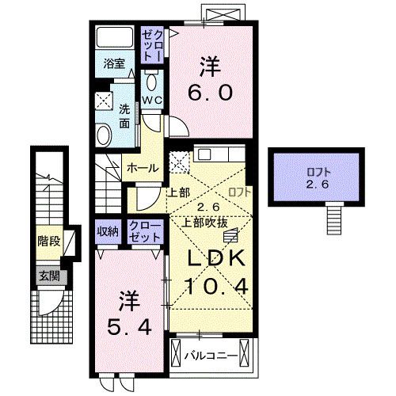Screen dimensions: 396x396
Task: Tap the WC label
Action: click(x=152, y=100)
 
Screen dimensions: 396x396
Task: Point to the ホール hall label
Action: click(x=143, y=167)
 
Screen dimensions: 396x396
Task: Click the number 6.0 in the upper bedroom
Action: click(x=211, y=93)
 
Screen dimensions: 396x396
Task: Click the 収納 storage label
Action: click(x=108, y=231)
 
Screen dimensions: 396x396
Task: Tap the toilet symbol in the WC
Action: click(x=153, y=82)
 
